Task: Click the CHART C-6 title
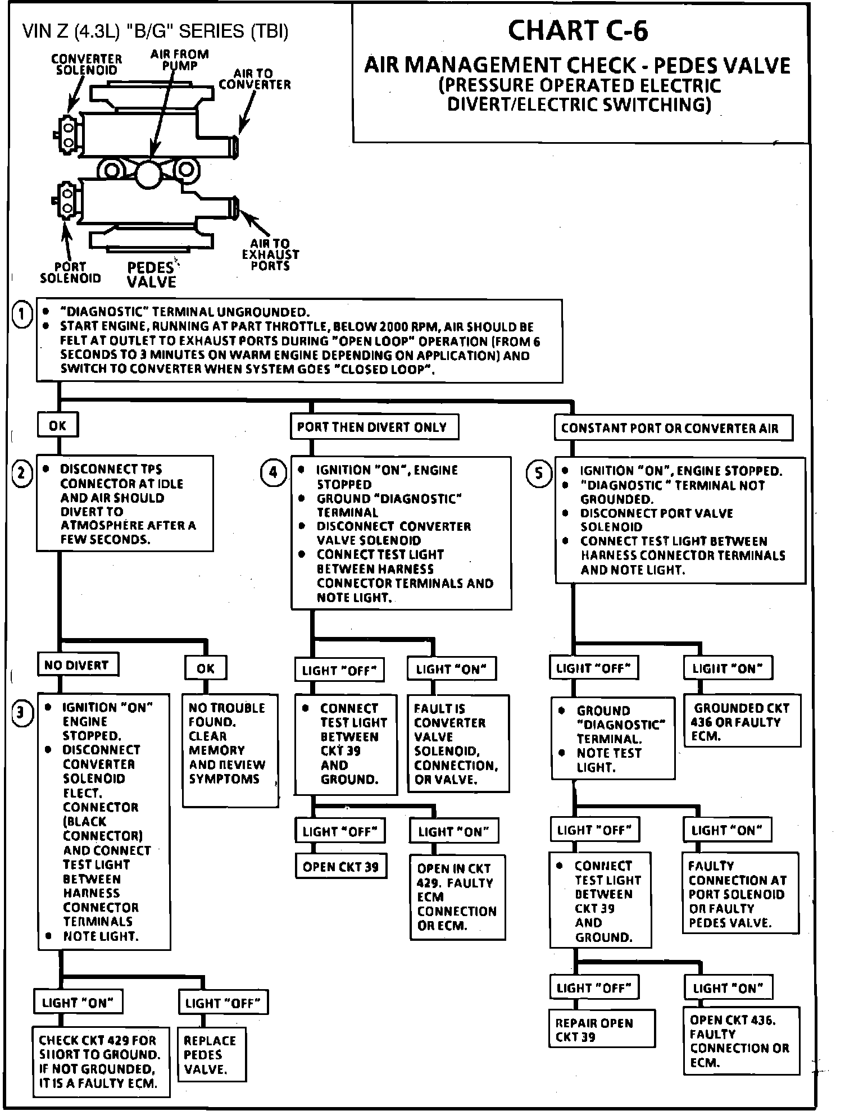click(x=578, y=31)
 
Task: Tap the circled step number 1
click(x=22, y=315)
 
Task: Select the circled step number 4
click(x=274, y=472)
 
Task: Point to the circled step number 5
click(x=539, y=473)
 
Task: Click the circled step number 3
click(x=21, y=713)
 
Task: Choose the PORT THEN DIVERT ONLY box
click(x=374, y=427)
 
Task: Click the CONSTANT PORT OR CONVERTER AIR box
click(x=673, y=428)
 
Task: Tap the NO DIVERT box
click(x=78, y=665)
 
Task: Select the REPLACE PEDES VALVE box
click(x=212, y=1054)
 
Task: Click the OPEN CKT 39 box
click(x=341, y=867)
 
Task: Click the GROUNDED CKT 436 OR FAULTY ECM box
click(x=742, y=722)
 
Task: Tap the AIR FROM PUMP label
click(x=180, y=60)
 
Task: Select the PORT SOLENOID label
click(x=70, y=272)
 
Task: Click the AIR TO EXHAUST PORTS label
click(x=270, y=254)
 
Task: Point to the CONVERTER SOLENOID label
click(x=86, y=65)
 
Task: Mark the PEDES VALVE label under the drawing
click(x=152, y=275)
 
